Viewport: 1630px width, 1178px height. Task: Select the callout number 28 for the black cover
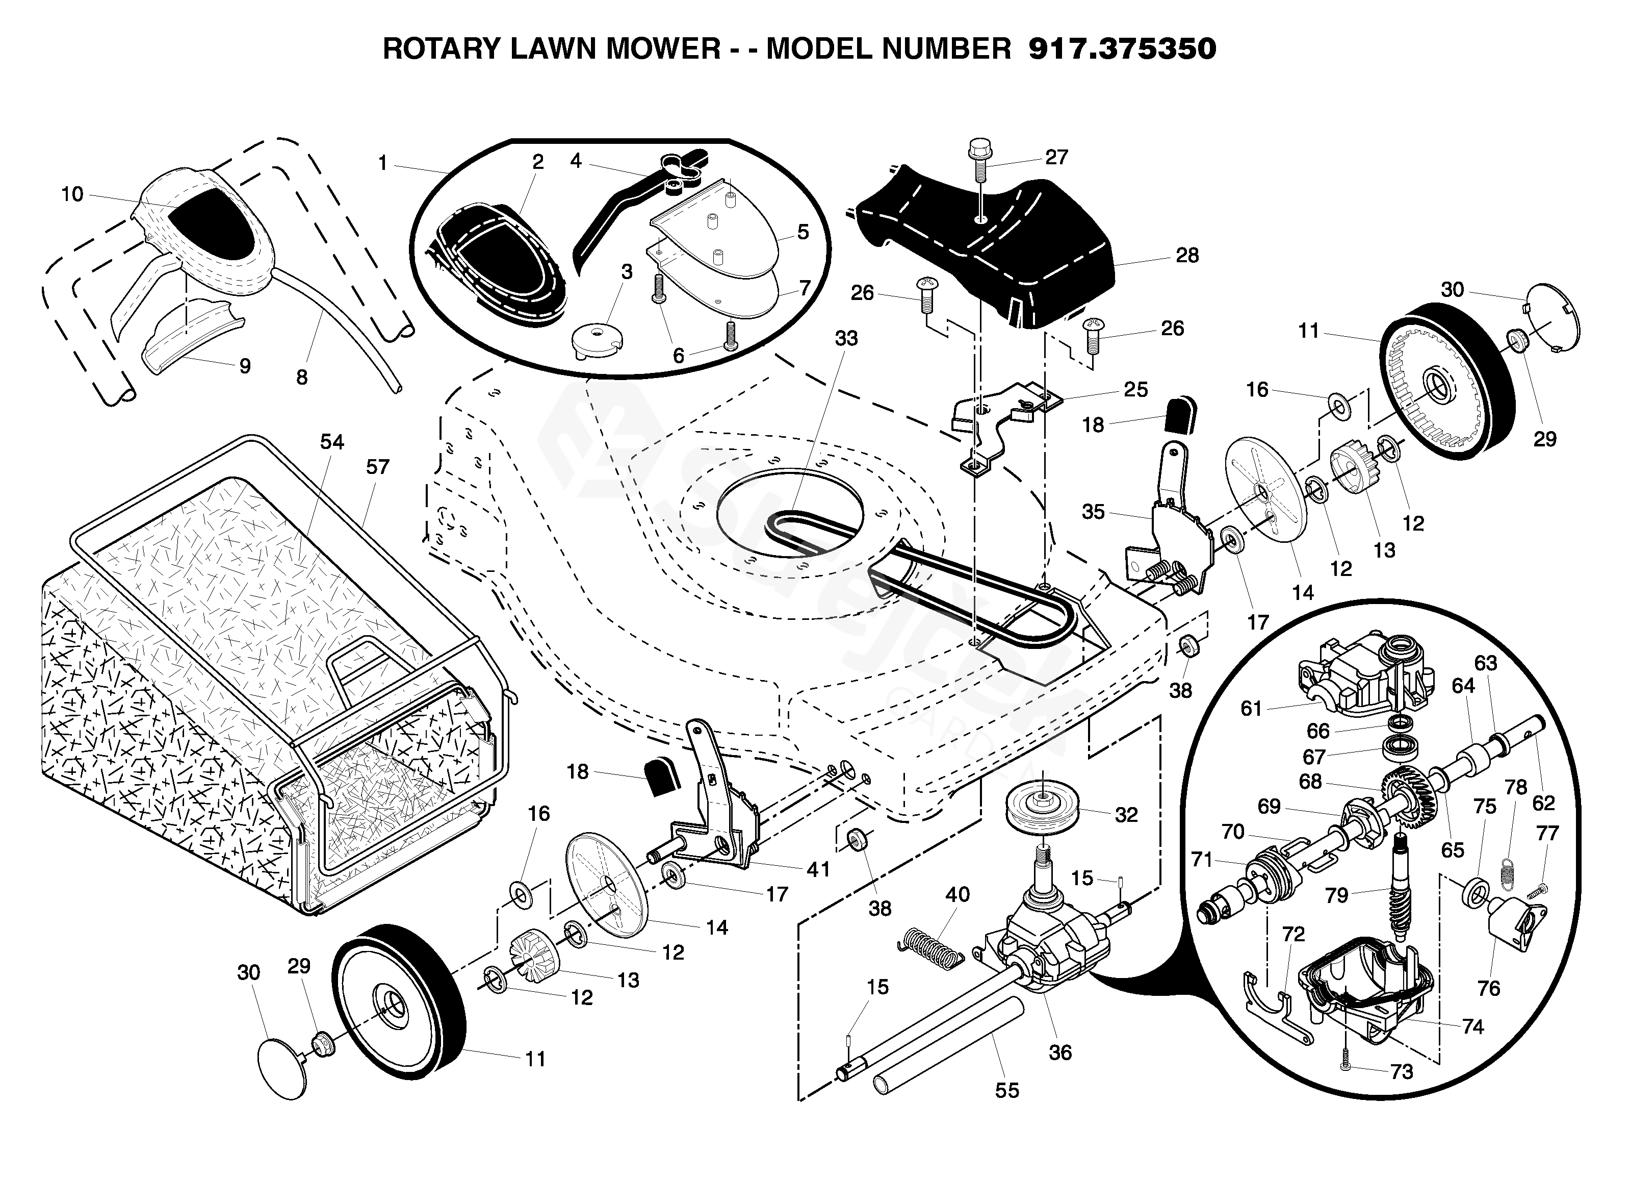1187,255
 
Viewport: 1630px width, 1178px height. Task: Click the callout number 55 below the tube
1007,1090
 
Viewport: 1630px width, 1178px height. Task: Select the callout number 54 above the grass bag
332,442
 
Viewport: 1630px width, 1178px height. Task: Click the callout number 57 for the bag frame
377,467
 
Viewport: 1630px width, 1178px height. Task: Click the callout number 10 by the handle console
72,194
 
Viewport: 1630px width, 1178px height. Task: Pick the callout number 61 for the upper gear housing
1251,709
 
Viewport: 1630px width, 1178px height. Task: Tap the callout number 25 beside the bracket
1135,390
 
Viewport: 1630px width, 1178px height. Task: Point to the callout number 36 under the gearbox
1060,1053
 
